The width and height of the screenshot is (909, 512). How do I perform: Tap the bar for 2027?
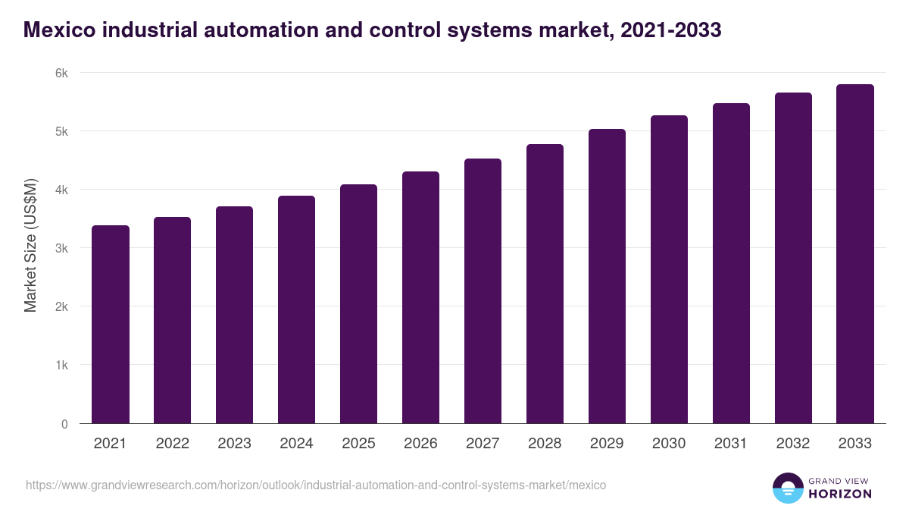pos(483,291)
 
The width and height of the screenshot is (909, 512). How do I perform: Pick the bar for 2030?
pos(669,269)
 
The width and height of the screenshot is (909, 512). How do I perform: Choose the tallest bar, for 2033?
pos(855,254)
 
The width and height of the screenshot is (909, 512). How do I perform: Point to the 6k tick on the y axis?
pos(61,73)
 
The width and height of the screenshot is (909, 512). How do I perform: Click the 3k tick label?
pos(61,248)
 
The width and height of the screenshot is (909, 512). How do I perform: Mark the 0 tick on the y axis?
pos(64,423)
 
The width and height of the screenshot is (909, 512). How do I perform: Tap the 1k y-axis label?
pos(61,365)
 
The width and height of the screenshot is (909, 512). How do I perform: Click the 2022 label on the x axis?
pos(172,444)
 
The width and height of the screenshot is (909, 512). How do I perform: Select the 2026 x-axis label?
pos(420,444)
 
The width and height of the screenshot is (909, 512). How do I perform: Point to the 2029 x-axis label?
pos(607,444)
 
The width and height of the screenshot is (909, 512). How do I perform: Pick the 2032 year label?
pos(793,444)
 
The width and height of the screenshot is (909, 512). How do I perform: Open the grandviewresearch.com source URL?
pos(316,485)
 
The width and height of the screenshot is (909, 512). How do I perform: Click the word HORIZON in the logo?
pos(840,494)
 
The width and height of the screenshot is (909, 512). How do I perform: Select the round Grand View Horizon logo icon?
pos(788,488)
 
